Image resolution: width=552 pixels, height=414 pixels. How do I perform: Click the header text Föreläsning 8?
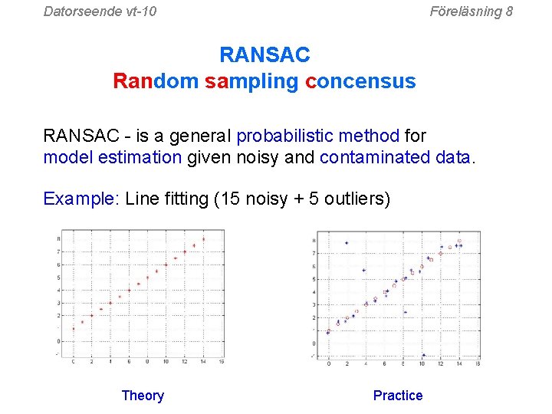click(471, 11)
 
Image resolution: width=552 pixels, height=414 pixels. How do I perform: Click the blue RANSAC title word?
click(264, 55)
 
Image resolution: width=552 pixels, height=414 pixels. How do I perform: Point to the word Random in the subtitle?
click(156, 80)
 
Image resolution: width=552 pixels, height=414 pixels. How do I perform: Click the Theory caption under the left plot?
click(143, 396)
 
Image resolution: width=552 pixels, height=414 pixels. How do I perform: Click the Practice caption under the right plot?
click(397, 396)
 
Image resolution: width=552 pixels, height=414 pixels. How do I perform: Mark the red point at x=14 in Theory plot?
click(203, 239)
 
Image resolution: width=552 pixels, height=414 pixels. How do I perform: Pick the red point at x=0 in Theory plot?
click(74, 328)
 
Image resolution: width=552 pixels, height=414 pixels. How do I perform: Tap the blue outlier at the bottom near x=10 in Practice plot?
click(423, 355)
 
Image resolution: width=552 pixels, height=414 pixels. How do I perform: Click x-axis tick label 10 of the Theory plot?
click(166, 361)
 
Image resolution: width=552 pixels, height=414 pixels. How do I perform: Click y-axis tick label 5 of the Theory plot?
click(59, 278)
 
